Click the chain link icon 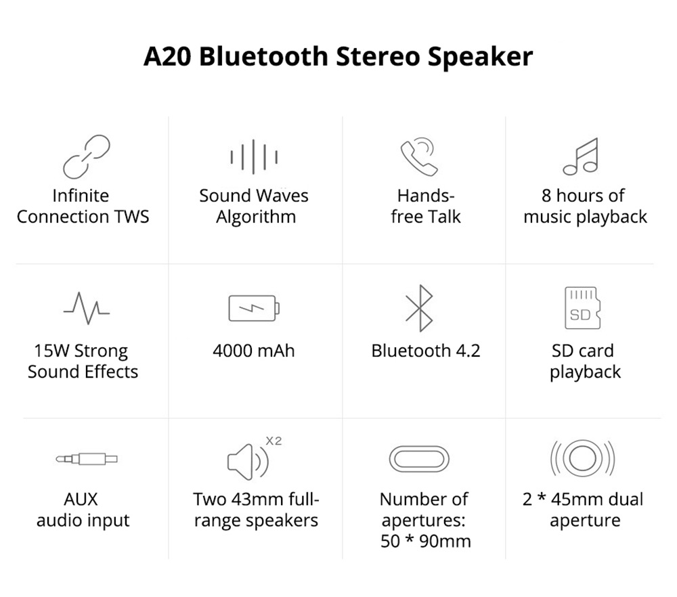click(x=87, y=156)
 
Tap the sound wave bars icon click(x=254, y=157)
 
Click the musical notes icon click(x=582, y=156)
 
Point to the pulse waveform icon click(x=87, y=307)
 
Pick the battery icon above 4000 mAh click(x=254, y=308)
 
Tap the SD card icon click(x=582, y=308)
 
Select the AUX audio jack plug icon click(x=87, y=459)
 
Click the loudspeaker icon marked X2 click(x=248, y=460)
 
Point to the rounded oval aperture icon click(x=419, y=460)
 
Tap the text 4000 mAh click(x=254, y=351)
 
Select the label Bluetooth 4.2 click(x=426, y=351)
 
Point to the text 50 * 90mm click(x=426, y=541)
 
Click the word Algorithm click(x=256, y=217)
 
